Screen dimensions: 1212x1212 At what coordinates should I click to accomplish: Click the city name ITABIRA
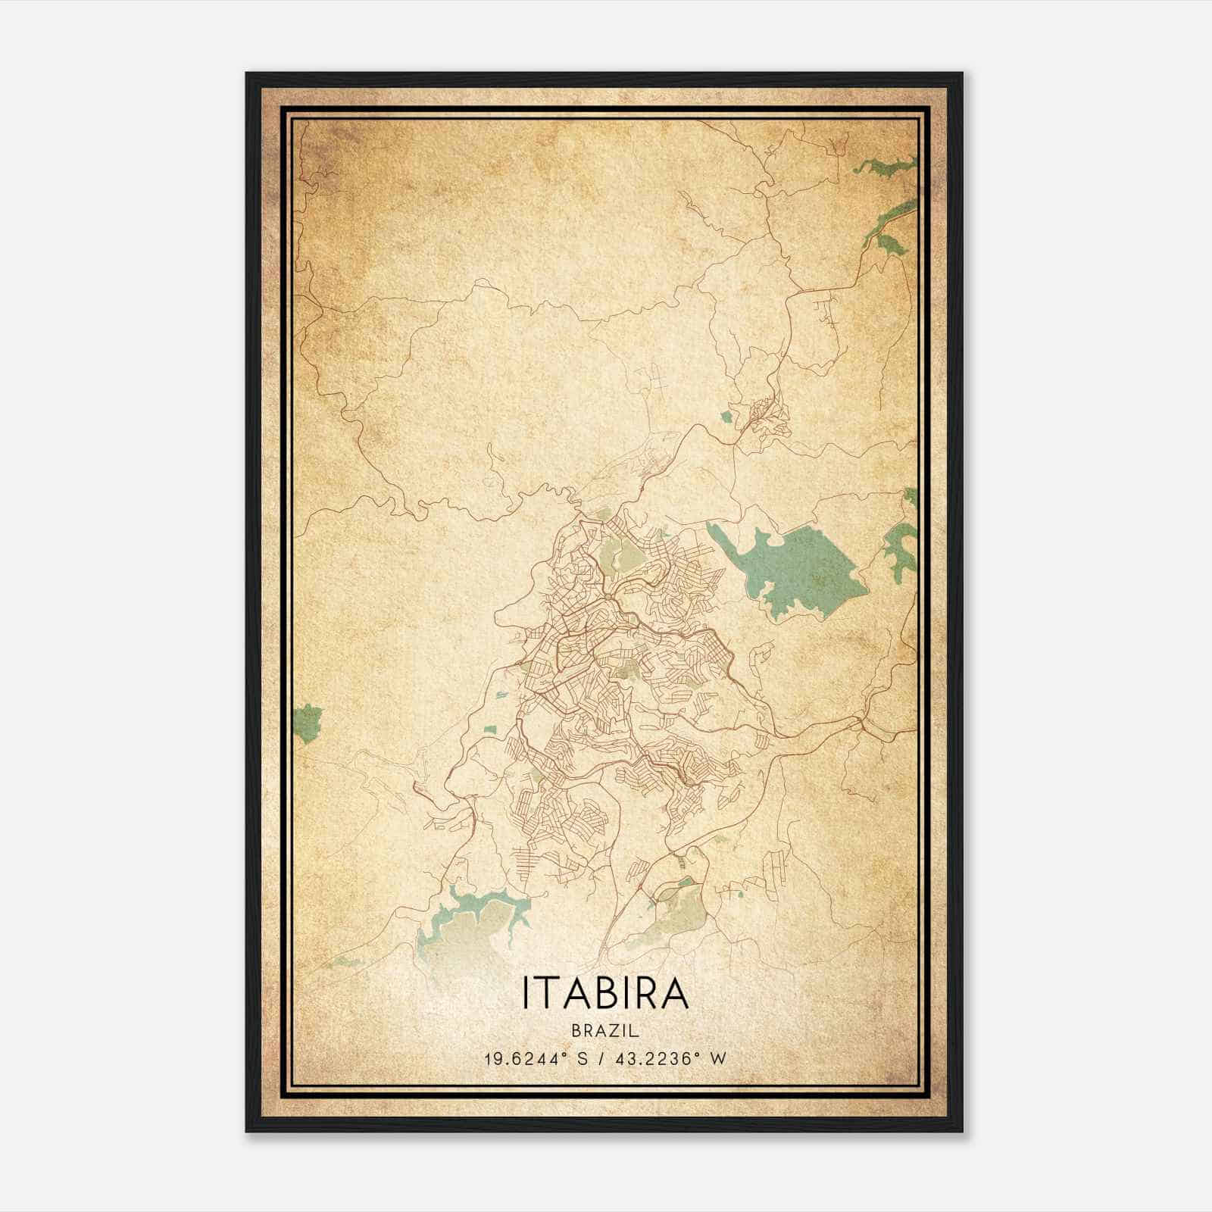[x=605, y=993]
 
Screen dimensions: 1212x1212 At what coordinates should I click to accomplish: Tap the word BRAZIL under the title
[x=605, y=1031]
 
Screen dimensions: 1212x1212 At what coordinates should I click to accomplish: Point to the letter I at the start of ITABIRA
[x=525, y=993]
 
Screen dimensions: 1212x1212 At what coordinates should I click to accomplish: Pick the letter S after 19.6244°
[x=582, y=1059]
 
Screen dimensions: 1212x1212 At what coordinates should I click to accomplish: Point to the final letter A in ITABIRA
[x=676, y=993]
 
